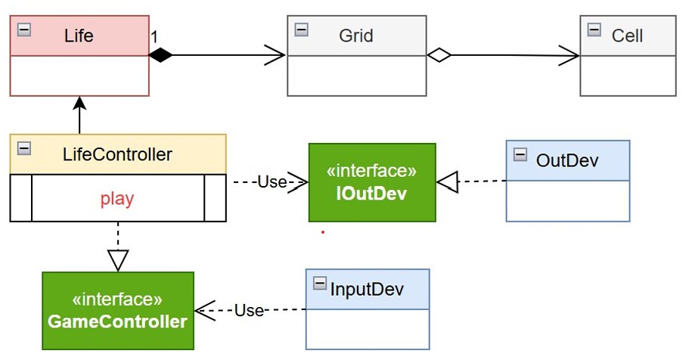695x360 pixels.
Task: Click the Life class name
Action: (x=79, y=36)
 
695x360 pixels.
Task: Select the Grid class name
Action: (x=355, y=36)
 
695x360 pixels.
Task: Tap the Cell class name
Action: (x=627, y=36)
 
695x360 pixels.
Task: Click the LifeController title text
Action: (x=117, y=155)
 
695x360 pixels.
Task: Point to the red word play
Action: (x=117, y=199)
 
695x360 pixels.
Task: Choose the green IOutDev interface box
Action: (x=372, y=182)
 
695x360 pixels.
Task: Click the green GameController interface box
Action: (x=117, y=311)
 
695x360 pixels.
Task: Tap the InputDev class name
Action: (x=367, y=289)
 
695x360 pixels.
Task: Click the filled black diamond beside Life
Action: (x=160, y=54)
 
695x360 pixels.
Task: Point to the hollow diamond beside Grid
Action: (x=439, y=54)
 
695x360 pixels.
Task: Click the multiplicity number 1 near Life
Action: (x=154, y=36)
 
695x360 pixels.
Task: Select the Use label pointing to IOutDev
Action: (x=271, y=182)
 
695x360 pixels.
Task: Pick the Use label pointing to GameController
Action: (x=248, y=310)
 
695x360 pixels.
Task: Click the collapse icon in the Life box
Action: (x=23, y=29)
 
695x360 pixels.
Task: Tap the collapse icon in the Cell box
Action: (x=594, y=29)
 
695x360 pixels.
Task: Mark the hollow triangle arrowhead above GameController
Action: (x=117, y=260)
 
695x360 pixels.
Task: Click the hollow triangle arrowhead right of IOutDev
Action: (x=448, y=182)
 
